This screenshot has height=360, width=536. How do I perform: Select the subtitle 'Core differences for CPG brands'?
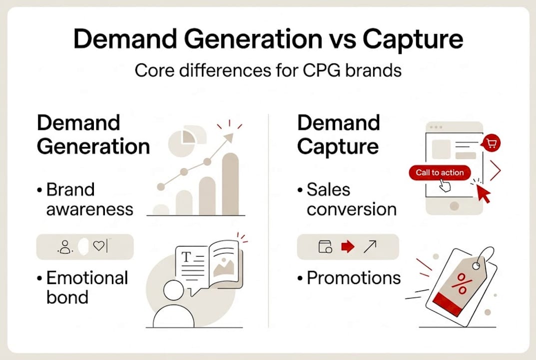point(268,70)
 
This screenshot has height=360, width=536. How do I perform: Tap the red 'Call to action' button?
point(440,172)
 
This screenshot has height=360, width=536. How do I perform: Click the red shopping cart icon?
point(492,144)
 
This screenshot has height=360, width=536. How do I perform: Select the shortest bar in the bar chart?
point(161,209)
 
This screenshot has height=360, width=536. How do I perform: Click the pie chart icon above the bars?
point(182,140)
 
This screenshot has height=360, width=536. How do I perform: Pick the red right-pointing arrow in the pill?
point(347,246)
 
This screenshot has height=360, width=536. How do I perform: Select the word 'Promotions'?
point(354,277)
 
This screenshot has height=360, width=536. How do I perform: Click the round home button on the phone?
point(454,206)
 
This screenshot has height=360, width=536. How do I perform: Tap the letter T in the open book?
point(186,257)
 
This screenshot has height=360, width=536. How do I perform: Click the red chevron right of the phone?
point(496,171)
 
